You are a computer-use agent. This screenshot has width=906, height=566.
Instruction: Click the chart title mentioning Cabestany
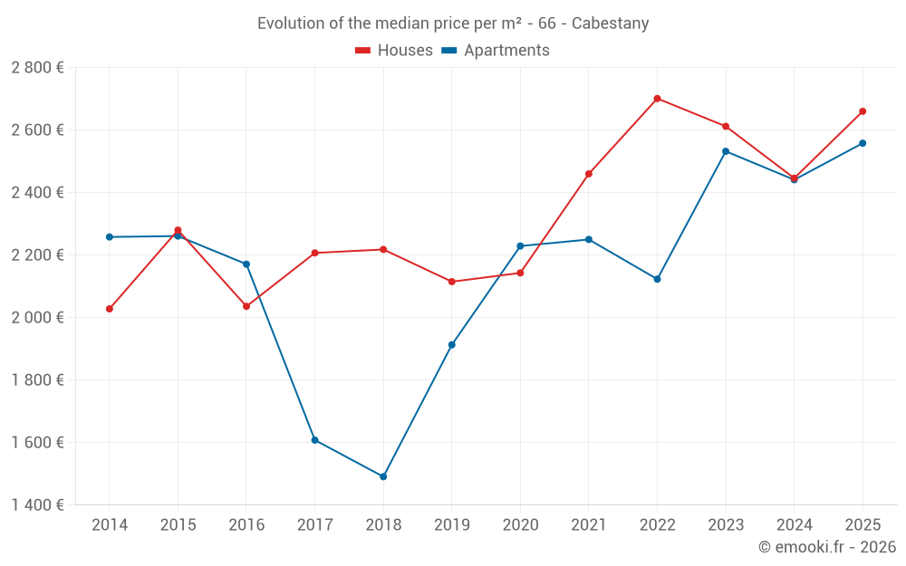(x=453, y=24)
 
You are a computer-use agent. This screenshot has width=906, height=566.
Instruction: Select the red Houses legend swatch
(x=363, y=51)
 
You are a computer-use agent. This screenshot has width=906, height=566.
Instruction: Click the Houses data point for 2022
(x=657, y=99)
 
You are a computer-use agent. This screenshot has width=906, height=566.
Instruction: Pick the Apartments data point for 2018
(x=383, y=476)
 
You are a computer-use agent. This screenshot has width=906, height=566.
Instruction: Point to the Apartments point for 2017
(x=314, y=440)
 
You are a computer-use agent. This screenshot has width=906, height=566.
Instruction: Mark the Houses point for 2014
(x=110, y=309)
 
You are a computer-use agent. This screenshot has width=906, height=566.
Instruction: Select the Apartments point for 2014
(x=110, y=237)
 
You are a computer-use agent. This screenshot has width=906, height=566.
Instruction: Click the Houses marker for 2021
(x=589, y=174)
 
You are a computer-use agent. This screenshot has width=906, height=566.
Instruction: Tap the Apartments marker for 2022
(x=657, y=279)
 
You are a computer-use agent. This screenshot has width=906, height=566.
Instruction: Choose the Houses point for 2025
(x=863, y=111)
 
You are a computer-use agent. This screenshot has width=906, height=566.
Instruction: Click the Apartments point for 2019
(x=452, y=345)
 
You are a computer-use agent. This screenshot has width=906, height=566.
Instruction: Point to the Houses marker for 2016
(x=246, y=306)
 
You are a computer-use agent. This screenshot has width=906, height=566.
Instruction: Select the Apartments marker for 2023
(x=726, y=151)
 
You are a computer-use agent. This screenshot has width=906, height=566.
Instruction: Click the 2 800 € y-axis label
(x=37, y=68)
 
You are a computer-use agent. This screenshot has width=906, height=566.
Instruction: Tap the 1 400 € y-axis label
(x=37, y=505)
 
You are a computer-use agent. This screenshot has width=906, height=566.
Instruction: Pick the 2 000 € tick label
(x=37, y=318)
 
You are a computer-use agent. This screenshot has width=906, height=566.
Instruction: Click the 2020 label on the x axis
(x=520, y=525)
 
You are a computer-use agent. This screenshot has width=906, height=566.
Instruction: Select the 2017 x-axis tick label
(x=314, y=525)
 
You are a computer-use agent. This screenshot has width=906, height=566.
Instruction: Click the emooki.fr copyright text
(x=826, y=547)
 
